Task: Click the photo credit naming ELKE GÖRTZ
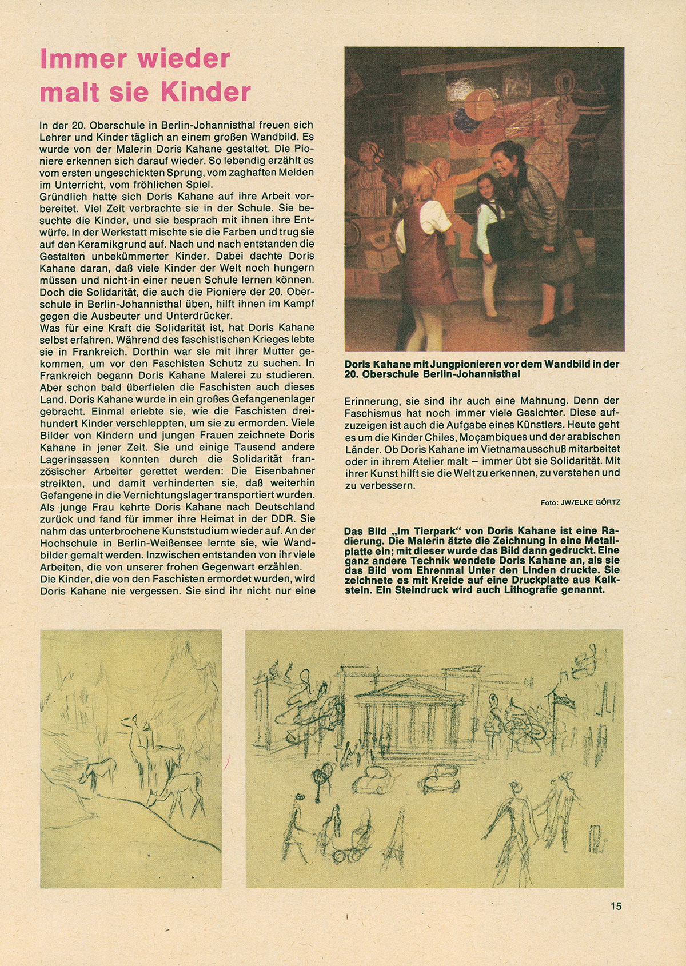(x=580, y=502)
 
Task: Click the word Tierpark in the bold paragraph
(x=419, y=529)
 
